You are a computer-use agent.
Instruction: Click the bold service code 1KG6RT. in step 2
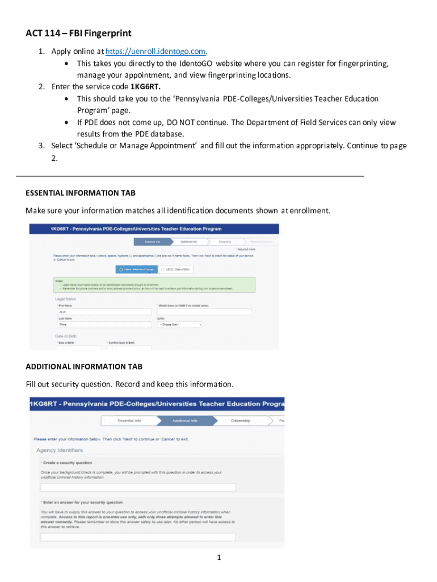pos(149,87)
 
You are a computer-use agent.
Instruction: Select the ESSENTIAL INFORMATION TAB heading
pos(81,193)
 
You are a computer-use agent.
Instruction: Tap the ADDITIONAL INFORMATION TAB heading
pos(84,366)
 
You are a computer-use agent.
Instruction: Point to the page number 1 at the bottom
pos(218,558)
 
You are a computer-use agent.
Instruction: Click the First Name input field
pos(103,312)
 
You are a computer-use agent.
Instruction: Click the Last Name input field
pos(103,325)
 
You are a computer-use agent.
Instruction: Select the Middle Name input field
pos(204,312)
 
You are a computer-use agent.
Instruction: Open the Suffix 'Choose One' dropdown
pos(179,325)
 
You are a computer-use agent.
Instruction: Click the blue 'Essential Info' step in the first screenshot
pos(152,242)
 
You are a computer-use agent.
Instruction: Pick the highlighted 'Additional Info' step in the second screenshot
pos(185,421)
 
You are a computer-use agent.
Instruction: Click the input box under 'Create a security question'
pos(138,488)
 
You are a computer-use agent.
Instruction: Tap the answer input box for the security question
pos(138,537)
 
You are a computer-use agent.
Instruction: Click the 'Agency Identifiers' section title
pos(60,451)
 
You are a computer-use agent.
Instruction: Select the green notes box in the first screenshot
pos(154,285)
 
